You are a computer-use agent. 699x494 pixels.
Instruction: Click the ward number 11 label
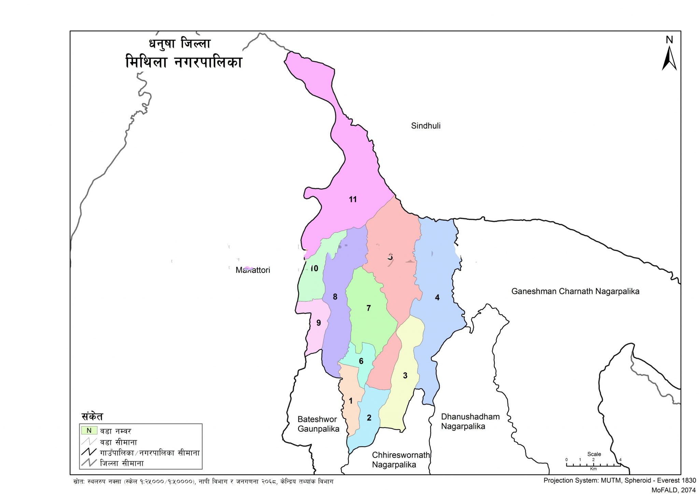pos(353,199)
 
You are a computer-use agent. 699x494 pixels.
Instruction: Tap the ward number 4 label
pos(437,297)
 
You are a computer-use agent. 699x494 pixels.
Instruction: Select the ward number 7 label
pos(368,308)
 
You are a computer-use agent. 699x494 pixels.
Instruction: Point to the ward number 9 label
pos(318,323)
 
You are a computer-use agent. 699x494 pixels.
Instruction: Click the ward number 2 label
pos(369,418)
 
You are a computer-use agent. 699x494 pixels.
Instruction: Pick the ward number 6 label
pos(361,361)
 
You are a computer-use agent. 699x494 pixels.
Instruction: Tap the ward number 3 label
pos(405,376)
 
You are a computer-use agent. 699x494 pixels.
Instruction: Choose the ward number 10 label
pos(314,268)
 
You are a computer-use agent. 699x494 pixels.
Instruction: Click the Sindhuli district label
pos(426,126)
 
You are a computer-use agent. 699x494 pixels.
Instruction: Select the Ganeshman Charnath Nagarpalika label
pos(575,291)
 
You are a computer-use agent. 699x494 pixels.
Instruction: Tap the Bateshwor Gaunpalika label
pos(318,424)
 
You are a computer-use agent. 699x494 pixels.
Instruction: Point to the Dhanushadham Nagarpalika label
pos(470,421)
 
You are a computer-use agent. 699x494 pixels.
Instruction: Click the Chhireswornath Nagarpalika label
pos(401,460)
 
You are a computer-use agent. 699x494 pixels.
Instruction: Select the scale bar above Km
pos(593,464)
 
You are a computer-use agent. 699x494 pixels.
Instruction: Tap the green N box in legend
pos(89,431)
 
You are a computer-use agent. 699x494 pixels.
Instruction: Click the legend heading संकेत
pos(92,417)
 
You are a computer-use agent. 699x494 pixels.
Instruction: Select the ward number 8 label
pos(335,297)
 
